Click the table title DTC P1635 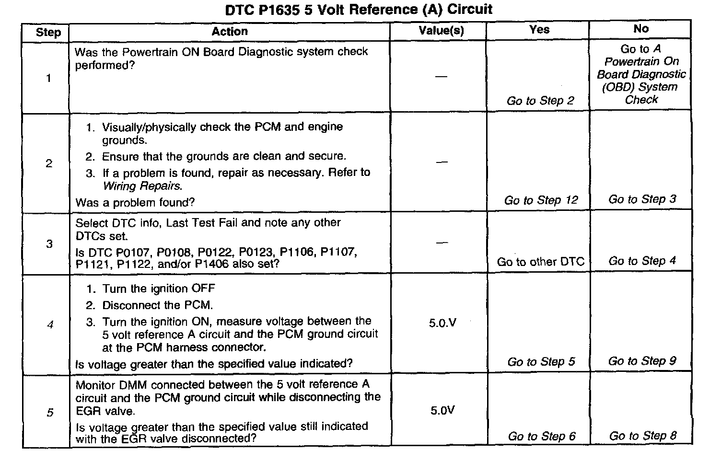(x=359, y=10)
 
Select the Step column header (x=48, y=33)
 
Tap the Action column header (x=230, y=32)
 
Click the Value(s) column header (x=441, y=31)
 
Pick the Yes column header (x=539, y=30)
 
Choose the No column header (x=641, y=29)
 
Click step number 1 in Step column (x=48, y=78)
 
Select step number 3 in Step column (x=49, y=244)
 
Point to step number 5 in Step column (x=50, y=413)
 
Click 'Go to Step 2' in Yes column (x=540, y=101)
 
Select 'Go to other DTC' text (x=540, y=262)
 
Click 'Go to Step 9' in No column (x=642, y=361)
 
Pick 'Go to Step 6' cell (x=542, y=436)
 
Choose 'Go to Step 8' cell (x=643, y=436)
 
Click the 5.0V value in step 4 (x=442, y=323)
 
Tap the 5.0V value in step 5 (x=442, y=411)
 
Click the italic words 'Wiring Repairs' (x=142, y=186)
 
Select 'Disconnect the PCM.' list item (x=157, y=305)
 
